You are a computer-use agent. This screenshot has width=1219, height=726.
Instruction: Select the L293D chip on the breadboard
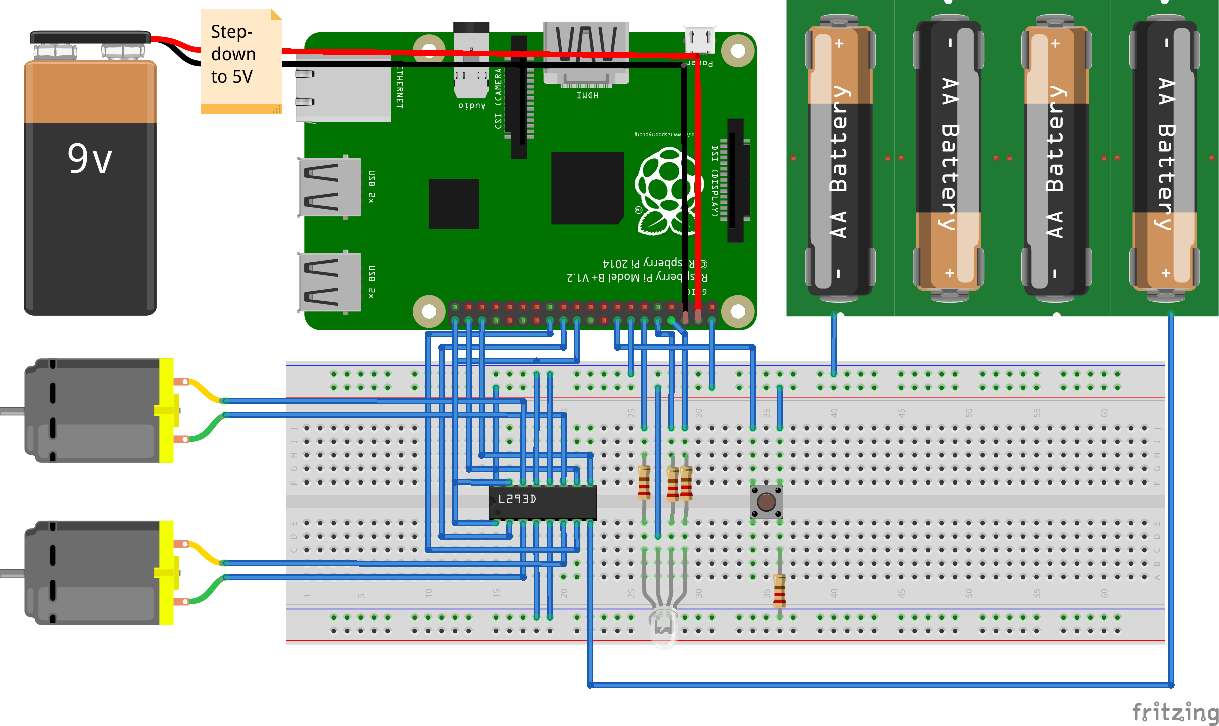pos(543,501)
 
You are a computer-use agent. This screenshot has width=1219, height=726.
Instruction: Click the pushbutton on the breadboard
pos(766,501)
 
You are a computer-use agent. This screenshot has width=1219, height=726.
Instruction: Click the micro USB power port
pos(700,39)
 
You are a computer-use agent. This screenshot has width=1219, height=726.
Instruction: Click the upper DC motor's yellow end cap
pos(167,410)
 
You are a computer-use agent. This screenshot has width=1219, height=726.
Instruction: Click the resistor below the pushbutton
pos(779,590)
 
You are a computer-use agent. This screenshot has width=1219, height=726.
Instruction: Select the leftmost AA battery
pos(840,158)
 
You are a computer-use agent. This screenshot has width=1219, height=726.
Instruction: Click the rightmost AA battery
pos(1164,158)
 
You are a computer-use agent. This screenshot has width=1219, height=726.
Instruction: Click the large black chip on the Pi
pos(587,188)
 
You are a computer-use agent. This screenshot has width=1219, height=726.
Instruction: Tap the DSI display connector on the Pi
pos(735,180)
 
